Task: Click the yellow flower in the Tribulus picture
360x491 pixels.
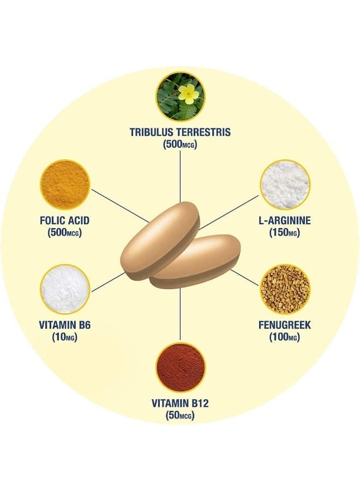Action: (x=188, y=94)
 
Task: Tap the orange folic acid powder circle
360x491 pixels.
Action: (x=65, y=185)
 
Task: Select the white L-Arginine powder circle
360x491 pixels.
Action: (x=285, y=185)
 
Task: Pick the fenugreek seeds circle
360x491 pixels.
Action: (x=285, y=289)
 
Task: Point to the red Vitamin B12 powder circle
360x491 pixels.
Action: (x=181, y=367)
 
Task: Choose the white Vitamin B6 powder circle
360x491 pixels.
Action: (x=65, y=289)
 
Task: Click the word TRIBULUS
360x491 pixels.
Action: (x=152, y=132)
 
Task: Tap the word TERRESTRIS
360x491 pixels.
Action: (x=203, y=132)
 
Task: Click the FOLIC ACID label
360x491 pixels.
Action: (x=65, y=220)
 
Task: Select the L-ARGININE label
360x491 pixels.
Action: (x=285, y=220)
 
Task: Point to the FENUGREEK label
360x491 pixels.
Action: (x=285, y=325)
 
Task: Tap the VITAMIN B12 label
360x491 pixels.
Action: (x=180, y=403)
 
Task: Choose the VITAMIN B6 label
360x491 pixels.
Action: (x=65, y=325)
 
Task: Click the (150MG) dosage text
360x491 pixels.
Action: (x=284, y=233)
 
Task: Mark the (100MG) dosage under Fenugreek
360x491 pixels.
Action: (x=284, y=338)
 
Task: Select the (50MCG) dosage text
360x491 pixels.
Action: (x=180, y=416)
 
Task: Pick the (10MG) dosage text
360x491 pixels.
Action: (x=64, y=338)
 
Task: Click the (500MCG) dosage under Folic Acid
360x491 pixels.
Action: (x=64, y=233)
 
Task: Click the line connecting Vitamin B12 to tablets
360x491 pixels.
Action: (x=181, y=314)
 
